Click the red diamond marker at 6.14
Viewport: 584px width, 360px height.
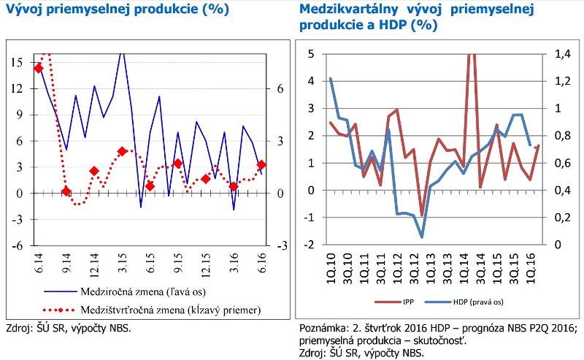39,68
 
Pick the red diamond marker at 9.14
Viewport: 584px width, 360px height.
66,191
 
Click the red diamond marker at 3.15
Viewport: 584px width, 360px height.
123,151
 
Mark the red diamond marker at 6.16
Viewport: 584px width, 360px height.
262,165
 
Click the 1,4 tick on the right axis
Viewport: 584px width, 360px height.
564,54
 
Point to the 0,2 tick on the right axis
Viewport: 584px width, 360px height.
564,218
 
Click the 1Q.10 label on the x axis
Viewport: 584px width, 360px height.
331,266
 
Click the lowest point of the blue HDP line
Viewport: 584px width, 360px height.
422,237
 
